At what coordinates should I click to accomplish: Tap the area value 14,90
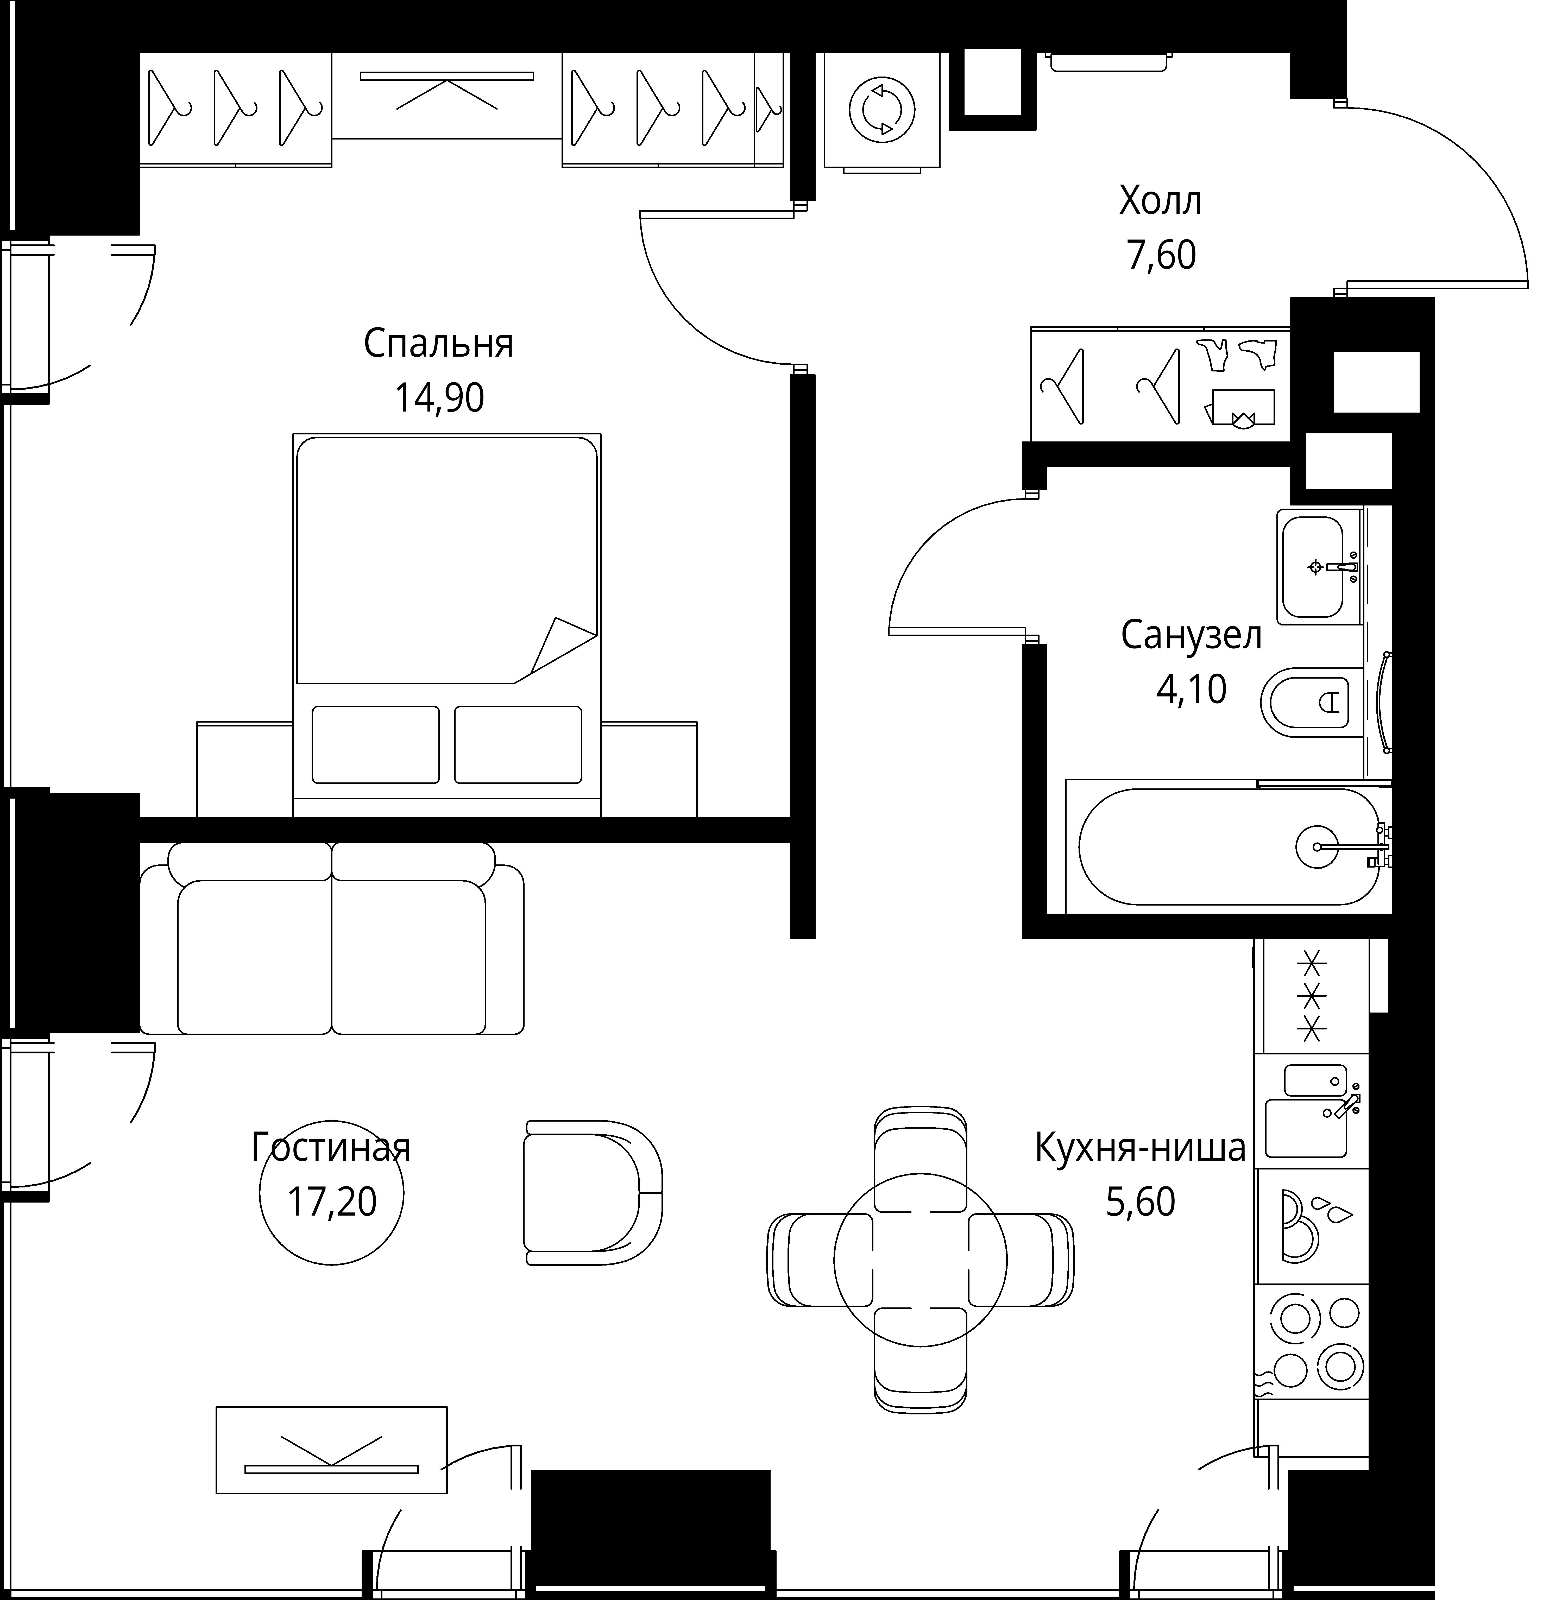click(440, 399)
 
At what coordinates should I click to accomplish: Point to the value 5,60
click(1140, 1202)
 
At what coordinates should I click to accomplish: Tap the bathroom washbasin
click(1319, 566)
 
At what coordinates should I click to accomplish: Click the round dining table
click(921, 1259)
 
